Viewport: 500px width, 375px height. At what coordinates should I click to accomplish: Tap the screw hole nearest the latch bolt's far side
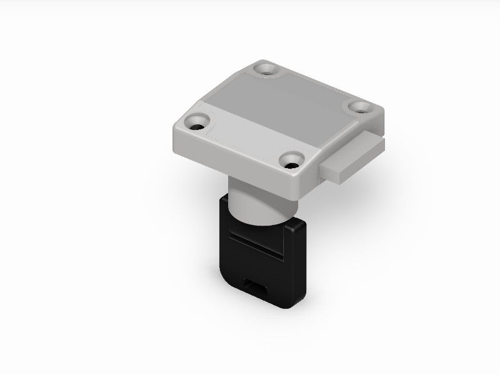click(x=361, y=107)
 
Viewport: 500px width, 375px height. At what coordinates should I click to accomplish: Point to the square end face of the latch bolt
click(x=337, y=172)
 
